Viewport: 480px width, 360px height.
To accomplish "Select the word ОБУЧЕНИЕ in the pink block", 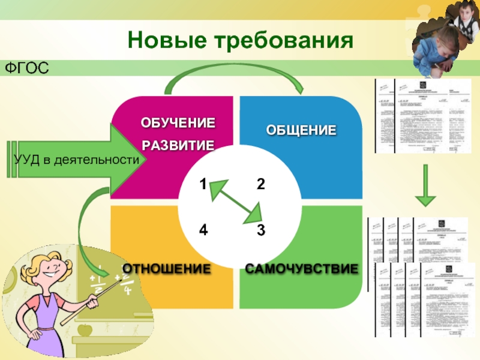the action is point(178,124).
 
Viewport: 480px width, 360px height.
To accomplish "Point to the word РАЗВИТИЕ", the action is point(178,145).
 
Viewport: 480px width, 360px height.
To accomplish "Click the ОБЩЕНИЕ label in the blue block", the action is point(301,130).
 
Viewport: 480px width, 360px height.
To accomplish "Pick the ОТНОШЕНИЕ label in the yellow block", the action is point(166,268).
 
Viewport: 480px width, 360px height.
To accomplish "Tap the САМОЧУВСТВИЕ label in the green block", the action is point(301,268).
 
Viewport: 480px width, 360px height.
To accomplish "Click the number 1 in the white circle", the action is point(203,184).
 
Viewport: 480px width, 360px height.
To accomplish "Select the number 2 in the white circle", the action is point(260,184).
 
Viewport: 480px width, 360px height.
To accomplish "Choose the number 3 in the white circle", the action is point(260,230).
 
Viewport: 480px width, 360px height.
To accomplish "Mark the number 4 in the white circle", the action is point(203,230).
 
